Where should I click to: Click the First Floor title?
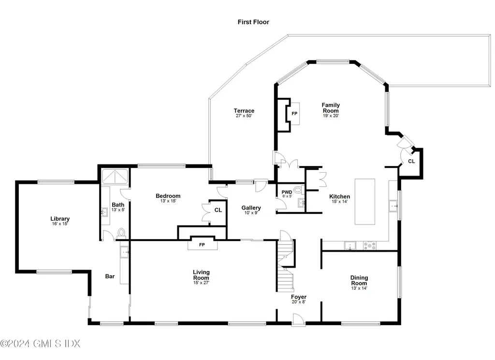pyautogui.click(x=253, y=22)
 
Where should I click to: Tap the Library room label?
pyautogui.click(x=60, y=219)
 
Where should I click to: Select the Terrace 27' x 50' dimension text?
pyautogui.click(x=245, y=116)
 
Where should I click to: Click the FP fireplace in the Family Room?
pyautogui.click(x=294, y=114)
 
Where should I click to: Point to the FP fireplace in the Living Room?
pyautogui.click(x=202, y=245)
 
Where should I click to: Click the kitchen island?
pyautogui.click(x=365, y=201)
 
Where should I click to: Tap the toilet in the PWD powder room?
pyautogui.click(x=297, y=190)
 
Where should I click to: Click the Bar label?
pyautogui.click(x=110, y=277)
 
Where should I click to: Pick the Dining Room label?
pyautogui.click(x=359, y=280)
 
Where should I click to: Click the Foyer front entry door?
pyautogui.click(x=298, y=319)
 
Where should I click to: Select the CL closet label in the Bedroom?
pyautogui.click(x=218, y=210)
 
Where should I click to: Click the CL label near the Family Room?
pyautogui.click(x=411, y=161)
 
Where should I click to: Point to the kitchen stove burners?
pyautogui.click(x=370, y=246)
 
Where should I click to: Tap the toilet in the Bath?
pyautogui.click(x=121, y=234)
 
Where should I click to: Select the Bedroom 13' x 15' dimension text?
pyautogui.click(x=168, y=201)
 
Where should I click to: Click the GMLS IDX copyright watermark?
pyautogui.click(x=40, y=344)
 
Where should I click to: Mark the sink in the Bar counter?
pyautogui.click(x=124, y=251)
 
